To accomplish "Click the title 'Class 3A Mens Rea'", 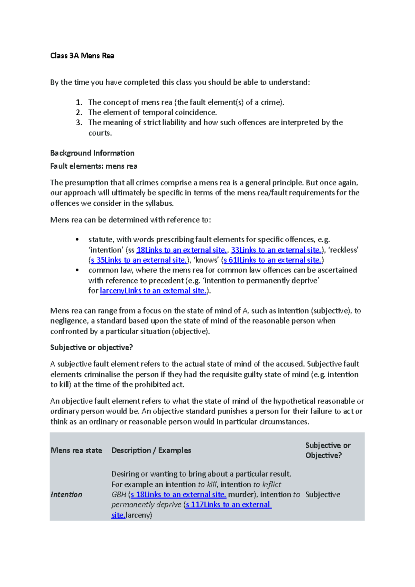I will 82,56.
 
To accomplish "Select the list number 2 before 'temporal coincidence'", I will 79,112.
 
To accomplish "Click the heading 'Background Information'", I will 92,153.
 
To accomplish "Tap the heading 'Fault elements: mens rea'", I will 94,166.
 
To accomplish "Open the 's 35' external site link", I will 138,260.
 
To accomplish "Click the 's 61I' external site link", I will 272,260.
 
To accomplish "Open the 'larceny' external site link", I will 153,291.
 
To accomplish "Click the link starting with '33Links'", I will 276,250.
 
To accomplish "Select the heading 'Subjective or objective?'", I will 91,347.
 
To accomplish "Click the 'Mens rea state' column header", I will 76,450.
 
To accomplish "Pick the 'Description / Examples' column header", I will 151,450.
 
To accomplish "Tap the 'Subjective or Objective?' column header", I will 328,450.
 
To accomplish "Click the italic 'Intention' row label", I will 66,495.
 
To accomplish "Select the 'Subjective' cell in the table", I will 323,495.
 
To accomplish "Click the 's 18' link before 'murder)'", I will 178,495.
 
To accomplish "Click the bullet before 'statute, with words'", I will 77,240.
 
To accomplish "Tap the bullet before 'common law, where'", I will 77,270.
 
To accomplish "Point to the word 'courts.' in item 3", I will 100,133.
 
